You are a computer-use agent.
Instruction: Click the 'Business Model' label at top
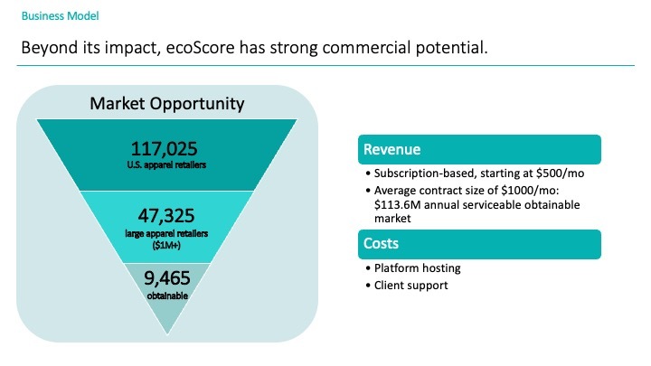pyautogui.click(x=60, y=17)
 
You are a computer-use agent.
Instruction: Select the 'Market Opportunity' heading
pyautogui.click(x=167, y=103)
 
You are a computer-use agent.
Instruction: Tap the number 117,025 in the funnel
pyautogui.click(x=164, y=149)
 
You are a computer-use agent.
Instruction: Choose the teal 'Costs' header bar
pyautogui.click(x=479, y=244)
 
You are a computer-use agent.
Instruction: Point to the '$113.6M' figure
pyautogui.click(x=394, y=205)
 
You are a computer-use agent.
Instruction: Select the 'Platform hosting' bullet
pyautogui.click(x=414, y=268)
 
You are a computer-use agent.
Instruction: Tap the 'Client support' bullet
pyautogui.click(x=410, y=285)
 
